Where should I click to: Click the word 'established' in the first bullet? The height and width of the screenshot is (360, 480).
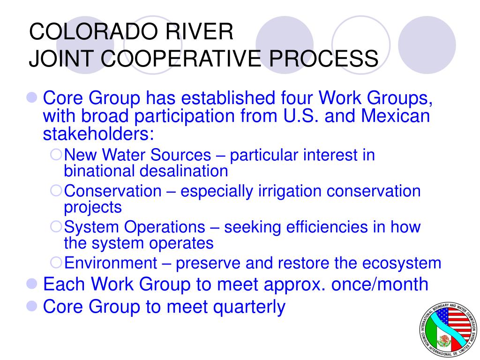coord(228,98)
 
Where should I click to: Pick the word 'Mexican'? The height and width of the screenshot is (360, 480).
coord(395,116)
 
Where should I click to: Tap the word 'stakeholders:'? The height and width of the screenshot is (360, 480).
coord(98,134)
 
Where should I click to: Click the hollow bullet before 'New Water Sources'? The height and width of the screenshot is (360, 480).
coord(56,154)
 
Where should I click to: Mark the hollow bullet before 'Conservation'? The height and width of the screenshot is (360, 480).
coord(56,190)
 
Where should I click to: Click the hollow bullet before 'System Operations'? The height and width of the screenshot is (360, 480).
coord(56,226)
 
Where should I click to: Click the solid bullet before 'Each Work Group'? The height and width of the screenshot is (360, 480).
coord(32,284)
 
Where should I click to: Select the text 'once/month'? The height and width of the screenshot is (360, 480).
coord(380,284)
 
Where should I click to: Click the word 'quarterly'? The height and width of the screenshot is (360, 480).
coord(249,307)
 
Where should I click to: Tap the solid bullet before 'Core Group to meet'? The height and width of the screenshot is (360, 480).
coord(32,306)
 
